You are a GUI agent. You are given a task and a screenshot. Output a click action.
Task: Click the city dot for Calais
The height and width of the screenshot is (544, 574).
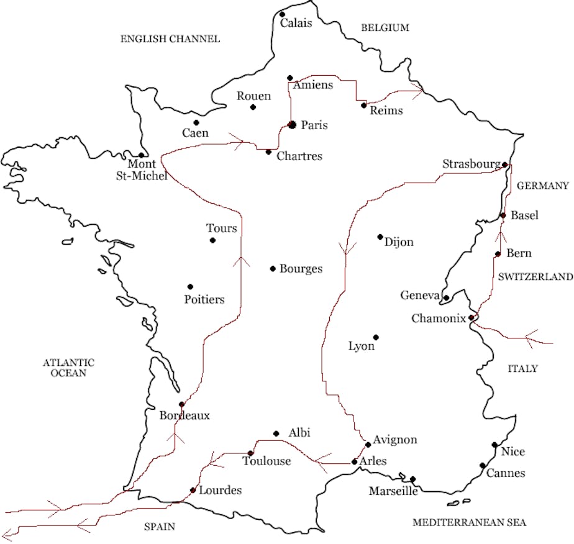tap(282, 14)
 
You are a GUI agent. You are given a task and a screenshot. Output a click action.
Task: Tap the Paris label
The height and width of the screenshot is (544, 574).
tap(314, 125)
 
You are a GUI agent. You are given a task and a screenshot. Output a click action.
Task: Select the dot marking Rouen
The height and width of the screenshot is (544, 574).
tap(253, 107)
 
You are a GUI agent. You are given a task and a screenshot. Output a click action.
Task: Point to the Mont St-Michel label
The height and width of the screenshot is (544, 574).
tap(147, 170)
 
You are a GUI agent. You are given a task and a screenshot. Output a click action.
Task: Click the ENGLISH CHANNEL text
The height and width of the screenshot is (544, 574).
tap(170, 39)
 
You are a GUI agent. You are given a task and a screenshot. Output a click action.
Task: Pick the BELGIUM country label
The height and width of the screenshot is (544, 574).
tap(385, 28)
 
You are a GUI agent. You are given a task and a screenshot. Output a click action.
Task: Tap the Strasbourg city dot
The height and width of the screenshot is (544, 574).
tap(505, 165)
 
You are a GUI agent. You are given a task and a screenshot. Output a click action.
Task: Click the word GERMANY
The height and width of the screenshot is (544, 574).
tap(542, 186)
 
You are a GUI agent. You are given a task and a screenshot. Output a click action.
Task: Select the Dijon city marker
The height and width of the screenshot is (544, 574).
tap(380, 237)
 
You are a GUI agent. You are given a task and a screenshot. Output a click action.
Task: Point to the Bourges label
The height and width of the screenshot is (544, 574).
tap(301, 269)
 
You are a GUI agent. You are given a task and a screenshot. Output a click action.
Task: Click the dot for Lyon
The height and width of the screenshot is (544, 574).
tap(376, 337)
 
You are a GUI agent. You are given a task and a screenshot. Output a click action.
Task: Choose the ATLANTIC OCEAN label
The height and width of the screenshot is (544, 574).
tap(68, 368)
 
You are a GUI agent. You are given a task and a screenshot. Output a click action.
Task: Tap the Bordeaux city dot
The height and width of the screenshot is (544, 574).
tap(181, 404)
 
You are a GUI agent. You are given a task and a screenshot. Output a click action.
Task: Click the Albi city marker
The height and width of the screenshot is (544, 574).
tap(276, 433)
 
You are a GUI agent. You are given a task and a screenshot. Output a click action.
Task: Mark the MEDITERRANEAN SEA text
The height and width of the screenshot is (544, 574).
tap(469, 522)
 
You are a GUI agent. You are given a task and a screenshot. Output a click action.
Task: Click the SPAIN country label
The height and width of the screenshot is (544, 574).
tap(160, 527)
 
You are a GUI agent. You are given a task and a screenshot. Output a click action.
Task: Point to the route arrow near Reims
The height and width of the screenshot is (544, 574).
tap(415, 91)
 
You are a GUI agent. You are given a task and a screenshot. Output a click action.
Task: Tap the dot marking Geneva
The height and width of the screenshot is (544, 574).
tap(446, 298)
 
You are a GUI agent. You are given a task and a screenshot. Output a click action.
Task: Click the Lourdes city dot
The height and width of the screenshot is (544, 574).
tap(193, 490)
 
